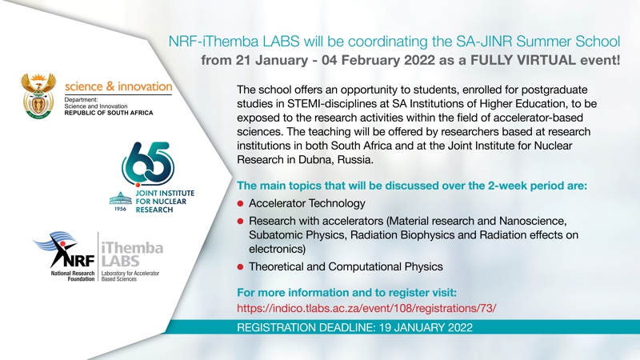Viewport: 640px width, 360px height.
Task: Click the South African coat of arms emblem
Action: [38, 96]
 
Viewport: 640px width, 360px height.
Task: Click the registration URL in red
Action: [366, 308]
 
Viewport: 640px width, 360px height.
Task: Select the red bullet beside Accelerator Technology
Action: [241, 203]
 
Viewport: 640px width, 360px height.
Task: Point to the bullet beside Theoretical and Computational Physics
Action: [241, 267]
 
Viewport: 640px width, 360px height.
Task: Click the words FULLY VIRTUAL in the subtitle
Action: [523, 60]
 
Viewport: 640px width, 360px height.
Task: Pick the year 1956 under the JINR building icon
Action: [121, 209]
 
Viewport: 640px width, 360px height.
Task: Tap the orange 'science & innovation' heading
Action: [118, 86]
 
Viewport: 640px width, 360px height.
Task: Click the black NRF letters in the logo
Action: [79, 260]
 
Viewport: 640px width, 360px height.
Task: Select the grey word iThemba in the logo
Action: [132, 248]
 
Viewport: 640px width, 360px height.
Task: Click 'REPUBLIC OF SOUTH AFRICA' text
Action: [109, 113]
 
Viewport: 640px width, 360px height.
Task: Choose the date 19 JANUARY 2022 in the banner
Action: [426, 327]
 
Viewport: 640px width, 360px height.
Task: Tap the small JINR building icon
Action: [121, 198]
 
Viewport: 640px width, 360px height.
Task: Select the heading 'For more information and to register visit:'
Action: [346, 293]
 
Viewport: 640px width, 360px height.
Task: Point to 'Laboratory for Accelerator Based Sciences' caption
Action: [130, 276]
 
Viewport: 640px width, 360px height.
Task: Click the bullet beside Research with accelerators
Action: [241, 222]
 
